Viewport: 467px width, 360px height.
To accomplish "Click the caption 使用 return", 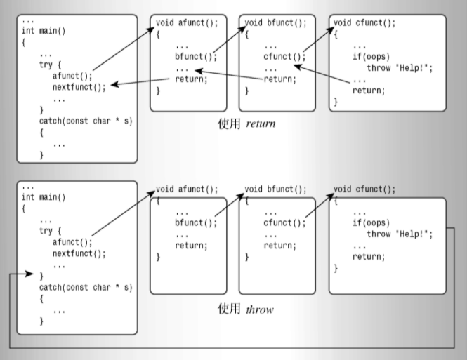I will coord(246,124).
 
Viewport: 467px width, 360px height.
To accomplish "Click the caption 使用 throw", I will coord(246,309).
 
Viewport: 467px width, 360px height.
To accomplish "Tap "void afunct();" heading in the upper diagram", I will coord(187,22).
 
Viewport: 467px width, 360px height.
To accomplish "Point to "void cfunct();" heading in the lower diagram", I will coord(364,189).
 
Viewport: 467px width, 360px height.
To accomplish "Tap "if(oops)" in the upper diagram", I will coord(372,56).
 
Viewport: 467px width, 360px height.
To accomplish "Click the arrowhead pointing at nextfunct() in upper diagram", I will coord(114,85).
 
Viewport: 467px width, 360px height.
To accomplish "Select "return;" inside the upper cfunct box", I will coord(369,91).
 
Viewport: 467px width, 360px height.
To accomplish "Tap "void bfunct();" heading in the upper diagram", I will coord(276,22).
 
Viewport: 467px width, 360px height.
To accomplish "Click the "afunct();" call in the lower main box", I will coord(72,243).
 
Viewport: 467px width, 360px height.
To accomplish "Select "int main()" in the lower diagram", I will coord(44,197).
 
